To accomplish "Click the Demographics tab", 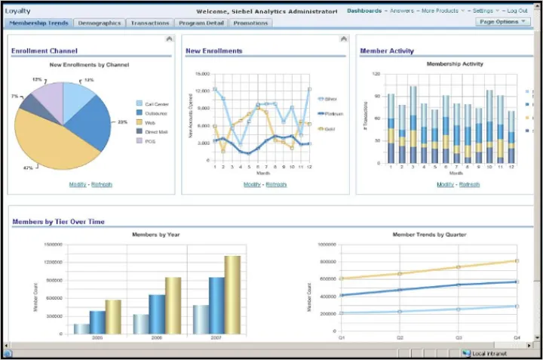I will point(99,23).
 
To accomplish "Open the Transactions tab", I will point(150,23).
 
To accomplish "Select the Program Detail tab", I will point(202,23).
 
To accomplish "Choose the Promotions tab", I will point(251,23).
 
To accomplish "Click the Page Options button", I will point(504,22).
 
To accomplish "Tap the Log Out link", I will point(517,11).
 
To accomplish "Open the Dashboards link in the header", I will point(364,11).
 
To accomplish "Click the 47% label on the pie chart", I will point(28,168).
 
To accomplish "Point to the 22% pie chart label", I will point(123,122).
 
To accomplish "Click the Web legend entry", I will point(149,122).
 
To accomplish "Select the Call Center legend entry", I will point(156,103).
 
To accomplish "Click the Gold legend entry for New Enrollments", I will point(330,128).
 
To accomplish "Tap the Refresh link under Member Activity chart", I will point(469,184).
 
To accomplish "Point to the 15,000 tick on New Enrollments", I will point(201,75).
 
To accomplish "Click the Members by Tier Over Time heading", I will point(58,221).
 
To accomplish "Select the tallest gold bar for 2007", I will point(232,294).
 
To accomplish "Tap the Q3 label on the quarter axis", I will point(458,337).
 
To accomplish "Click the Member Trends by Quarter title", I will point(429,235).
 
